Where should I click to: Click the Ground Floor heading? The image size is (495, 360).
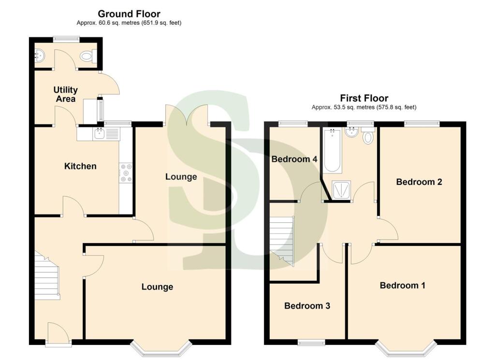click(x=129, y=14)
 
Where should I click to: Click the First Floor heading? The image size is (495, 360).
click(x=364, y=99)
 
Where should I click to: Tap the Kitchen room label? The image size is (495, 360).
click(x=80, y=166)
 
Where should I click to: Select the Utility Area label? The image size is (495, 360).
click(x=66, y=94)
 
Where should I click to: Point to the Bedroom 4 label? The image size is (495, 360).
click(x=294, y=159)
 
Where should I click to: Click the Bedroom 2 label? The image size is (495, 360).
click(x=419, y=182)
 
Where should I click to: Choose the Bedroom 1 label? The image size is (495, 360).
click(x=402, y=286)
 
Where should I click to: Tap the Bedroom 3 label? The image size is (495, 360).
click(x=306, y=306)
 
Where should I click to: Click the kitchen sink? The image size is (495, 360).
click(x=99, y=133)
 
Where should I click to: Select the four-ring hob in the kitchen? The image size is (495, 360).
click(x=126, y=173)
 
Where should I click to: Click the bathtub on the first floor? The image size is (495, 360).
click(x=333, y=150)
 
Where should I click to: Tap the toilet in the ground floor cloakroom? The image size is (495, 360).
click(x=87, y=57)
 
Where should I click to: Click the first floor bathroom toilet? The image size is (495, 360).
click(x=368, y=137)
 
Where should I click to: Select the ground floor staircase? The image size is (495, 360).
click(x=47, y=276)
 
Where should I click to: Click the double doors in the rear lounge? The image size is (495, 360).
click(x=187, y=115)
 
